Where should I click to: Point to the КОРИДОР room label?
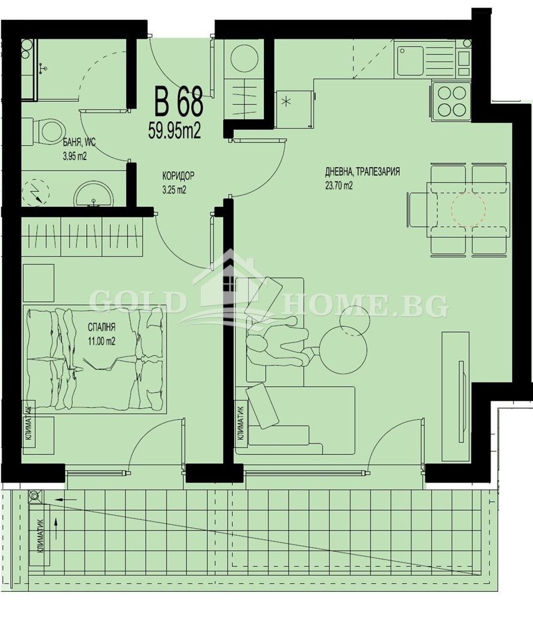(x=179, y=177)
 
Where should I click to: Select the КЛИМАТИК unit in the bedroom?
(x=29, y=424)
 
